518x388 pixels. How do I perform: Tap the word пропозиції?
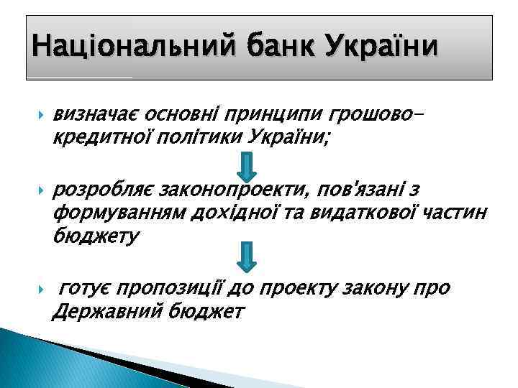coord(170,289)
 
